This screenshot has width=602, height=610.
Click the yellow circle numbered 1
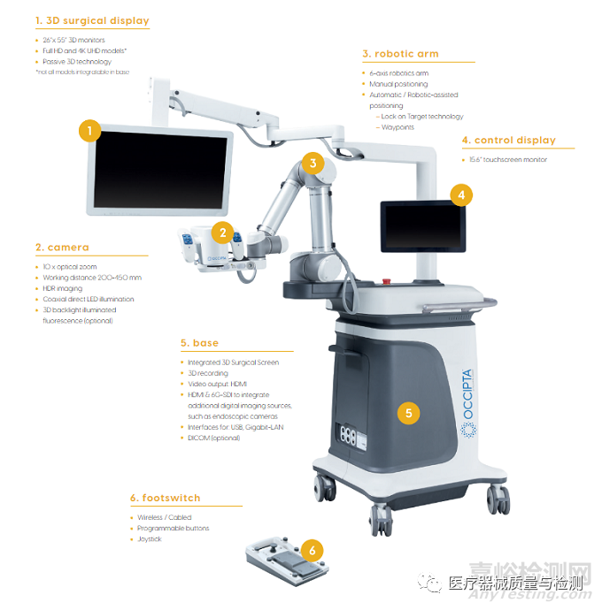[89, 133]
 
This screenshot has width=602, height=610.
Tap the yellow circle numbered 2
[225, 233]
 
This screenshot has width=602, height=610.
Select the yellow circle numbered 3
[312, 163]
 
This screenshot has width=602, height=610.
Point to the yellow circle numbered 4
[459, 194]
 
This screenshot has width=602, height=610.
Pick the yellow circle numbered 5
[408, 412]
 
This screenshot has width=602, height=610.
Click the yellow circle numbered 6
[311, 550]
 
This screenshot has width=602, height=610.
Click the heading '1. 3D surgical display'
[92, 20]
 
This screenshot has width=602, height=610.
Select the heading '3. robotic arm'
[400, 54]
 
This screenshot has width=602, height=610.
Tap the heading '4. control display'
[508, 140]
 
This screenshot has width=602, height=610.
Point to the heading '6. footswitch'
[166, 498]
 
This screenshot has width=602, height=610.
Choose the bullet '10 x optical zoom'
[71, 266]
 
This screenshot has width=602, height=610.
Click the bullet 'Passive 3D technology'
[78, 62]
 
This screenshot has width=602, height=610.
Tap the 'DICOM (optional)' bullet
[213, 438]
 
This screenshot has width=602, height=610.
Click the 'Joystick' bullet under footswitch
[150, 539]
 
